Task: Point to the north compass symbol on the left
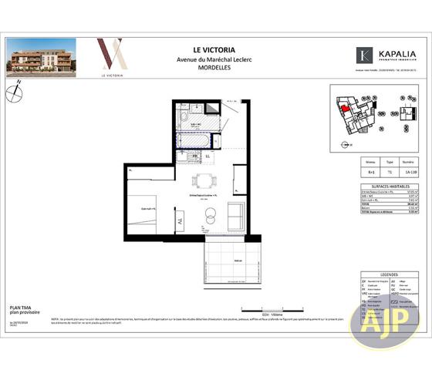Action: (x=15, y=95)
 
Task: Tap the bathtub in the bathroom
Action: (x=199, y=141)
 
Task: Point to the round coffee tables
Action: (x=208, y=220)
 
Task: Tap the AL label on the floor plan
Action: (x=180, y=222)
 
